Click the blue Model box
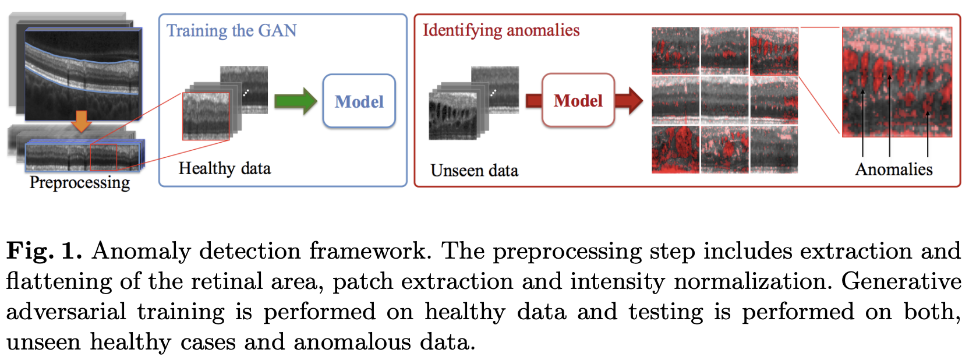[359, 101]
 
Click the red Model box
[578, 100]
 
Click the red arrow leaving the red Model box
[628, 100]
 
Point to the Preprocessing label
[80, 183]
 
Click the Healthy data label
[224, 168]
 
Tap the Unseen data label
[474, 171]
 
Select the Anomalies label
[893, 170]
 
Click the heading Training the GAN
[231, 30]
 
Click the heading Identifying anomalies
[501, 30]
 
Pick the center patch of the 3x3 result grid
[724, 100]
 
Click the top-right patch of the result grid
[774, 51]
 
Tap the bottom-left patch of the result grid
[675, 150]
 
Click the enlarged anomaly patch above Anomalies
[897, 82]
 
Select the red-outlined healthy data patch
[206, 117]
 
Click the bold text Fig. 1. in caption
[44, 251]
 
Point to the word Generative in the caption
[900, 281]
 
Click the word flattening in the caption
[59, 281]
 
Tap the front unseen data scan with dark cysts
[452, 117]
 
